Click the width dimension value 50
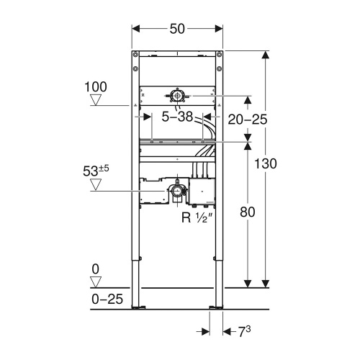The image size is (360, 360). tap(177, 28)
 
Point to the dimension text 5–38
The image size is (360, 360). tap(176, 115)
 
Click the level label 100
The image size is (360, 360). tap(96, 87)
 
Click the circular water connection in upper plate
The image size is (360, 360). tap(177, 95)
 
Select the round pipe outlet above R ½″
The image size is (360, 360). tap(177, 191)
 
